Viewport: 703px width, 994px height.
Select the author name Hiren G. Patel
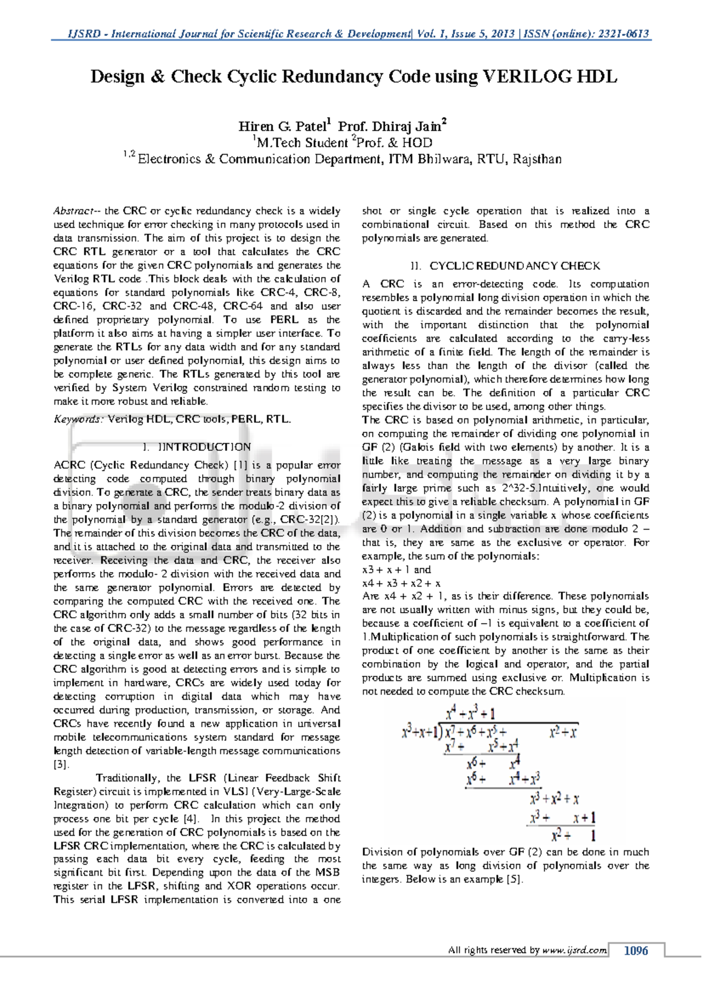(x=282, y=126)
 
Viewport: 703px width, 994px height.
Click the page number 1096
(x=636, y=951)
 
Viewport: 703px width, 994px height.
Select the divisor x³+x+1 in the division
(x=421, y=732)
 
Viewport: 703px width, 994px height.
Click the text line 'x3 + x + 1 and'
(x=396, y=570)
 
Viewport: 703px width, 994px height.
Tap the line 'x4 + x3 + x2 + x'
(x=401, y=583)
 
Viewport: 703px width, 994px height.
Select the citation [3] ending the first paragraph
(x=61, y=765)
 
